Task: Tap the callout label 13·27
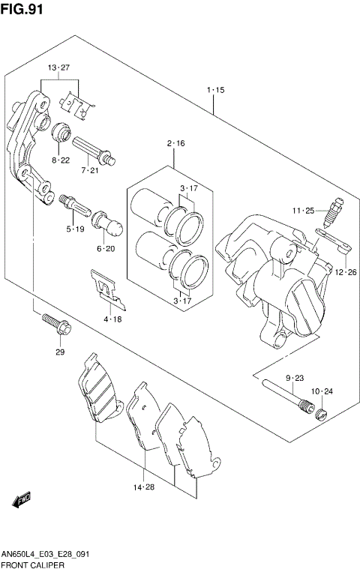(x=58, y=68)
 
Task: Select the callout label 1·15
(x=215, y=90)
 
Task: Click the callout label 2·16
(x=175, y=142)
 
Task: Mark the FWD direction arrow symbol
(x=22, y=497)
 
